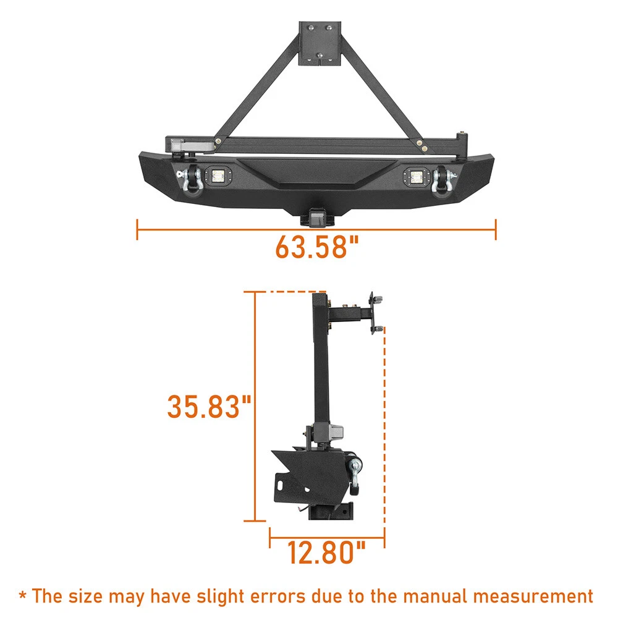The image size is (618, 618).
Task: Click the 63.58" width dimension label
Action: point(317,247)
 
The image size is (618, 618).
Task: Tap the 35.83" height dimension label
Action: point(209,407)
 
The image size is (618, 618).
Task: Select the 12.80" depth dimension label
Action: point(326,552)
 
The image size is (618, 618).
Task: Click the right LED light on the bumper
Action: point(415,177)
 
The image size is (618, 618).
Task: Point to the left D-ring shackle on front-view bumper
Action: point(190,180)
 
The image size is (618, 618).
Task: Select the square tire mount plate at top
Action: point(320,43)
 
